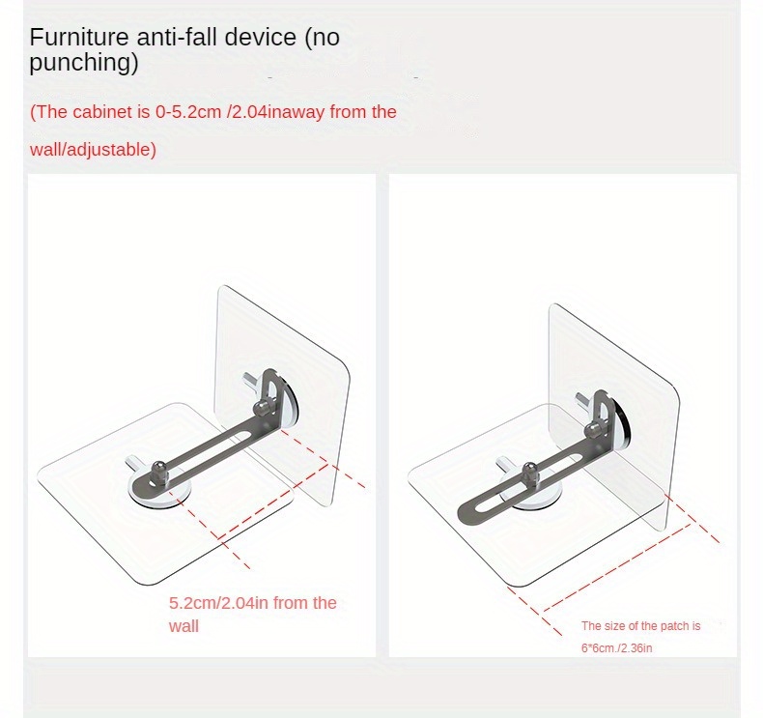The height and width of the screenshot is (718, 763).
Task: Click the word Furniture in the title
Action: click(78, 38)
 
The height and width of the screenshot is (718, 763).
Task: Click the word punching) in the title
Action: click(84, 63)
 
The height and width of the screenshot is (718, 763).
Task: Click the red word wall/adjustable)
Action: click(93, 150)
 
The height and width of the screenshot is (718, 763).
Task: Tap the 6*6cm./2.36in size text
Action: click(616, 648)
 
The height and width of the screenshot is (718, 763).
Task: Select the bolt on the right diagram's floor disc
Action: click(530, 474)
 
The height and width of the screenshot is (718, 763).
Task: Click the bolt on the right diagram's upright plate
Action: click(594, 429)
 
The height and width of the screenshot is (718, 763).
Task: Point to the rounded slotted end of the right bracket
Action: click(468, 513)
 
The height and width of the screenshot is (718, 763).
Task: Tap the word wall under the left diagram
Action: click(184, 626)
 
